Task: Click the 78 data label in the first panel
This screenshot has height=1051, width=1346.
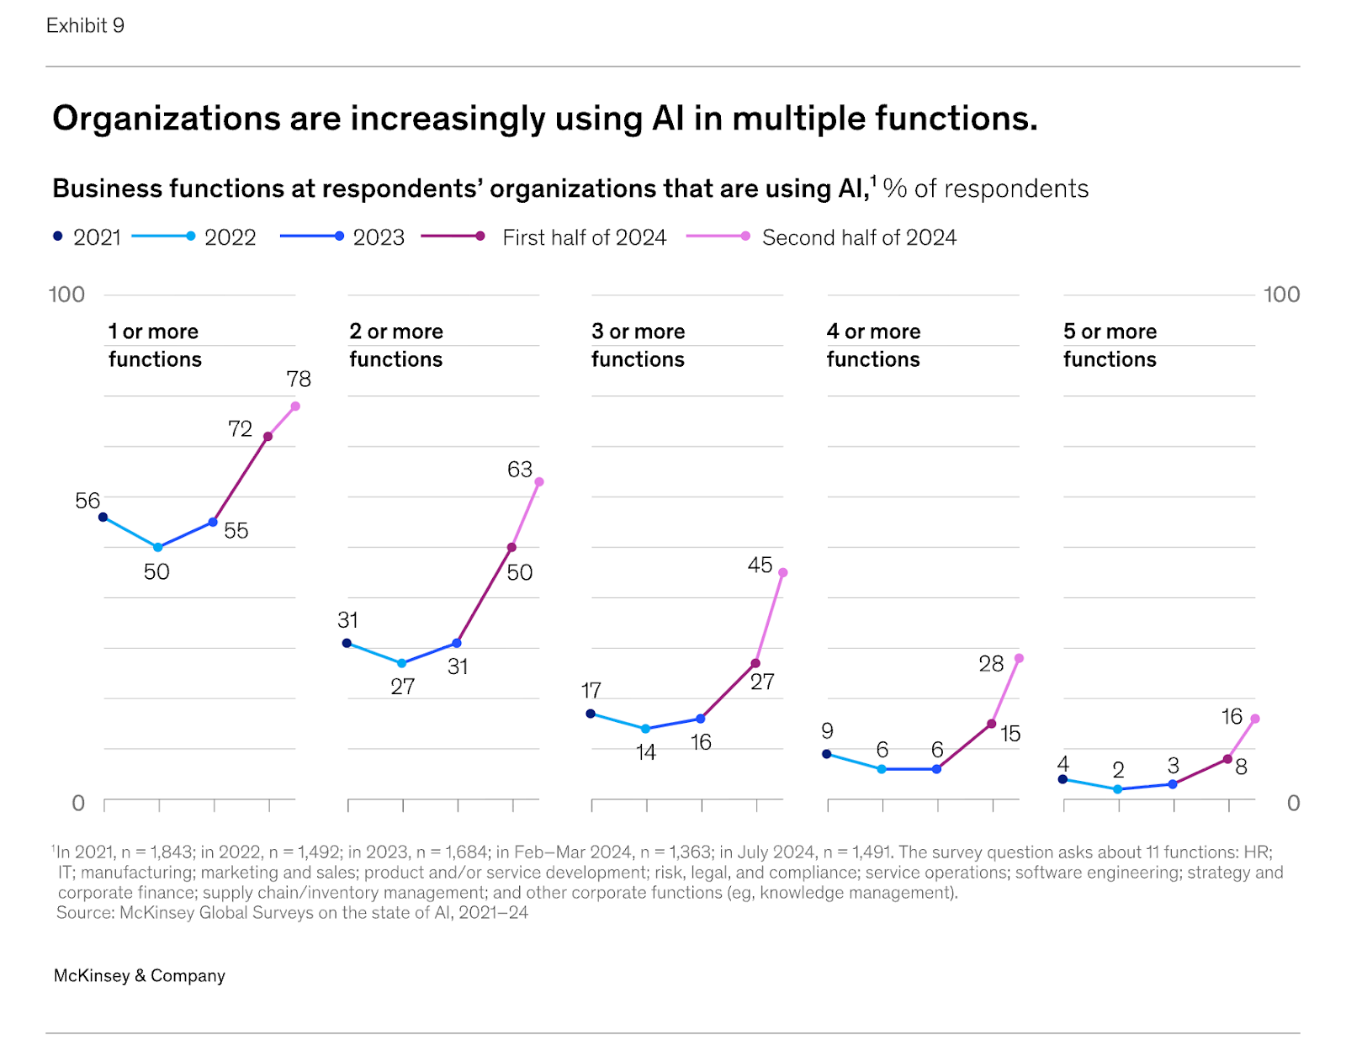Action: [299, 380]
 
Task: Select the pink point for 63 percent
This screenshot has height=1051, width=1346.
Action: [539, 482]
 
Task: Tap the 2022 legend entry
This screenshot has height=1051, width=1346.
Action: [230, 237]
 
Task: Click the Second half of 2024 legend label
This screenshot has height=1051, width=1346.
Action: [859, 237]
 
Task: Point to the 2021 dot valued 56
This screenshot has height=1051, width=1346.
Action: [103, 518]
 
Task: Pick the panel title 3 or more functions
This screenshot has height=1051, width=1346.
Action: [638, 345]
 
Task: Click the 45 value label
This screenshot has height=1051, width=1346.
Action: [760, 565]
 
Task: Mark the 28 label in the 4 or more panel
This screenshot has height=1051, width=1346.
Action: [991, 664]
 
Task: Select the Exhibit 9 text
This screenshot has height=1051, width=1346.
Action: [85, 25]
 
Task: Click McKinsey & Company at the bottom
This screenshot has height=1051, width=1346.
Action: [140, 975]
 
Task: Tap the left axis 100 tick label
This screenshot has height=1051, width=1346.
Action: [66, 295]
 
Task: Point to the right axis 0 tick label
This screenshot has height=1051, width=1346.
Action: [1293, 804]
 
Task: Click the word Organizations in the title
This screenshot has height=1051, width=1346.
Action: [166, 119]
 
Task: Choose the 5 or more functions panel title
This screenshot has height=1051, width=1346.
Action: [1110, 345]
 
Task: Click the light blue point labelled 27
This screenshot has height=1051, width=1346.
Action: [402, 663]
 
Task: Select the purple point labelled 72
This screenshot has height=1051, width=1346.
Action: [268, 437]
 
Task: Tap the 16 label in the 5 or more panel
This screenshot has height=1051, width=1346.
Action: [1232, 717]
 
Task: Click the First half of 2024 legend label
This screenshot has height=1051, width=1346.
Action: [584, 237]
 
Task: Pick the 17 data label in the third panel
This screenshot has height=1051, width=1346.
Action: [591, 691]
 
